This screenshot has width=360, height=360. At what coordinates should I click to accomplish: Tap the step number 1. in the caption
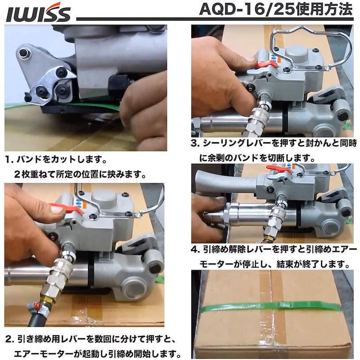point(9,158)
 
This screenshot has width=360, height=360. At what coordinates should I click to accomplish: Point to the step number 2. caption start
point(10,340)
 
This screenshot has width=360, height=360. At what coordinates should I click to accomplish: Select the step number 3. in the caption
point(196,144)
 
